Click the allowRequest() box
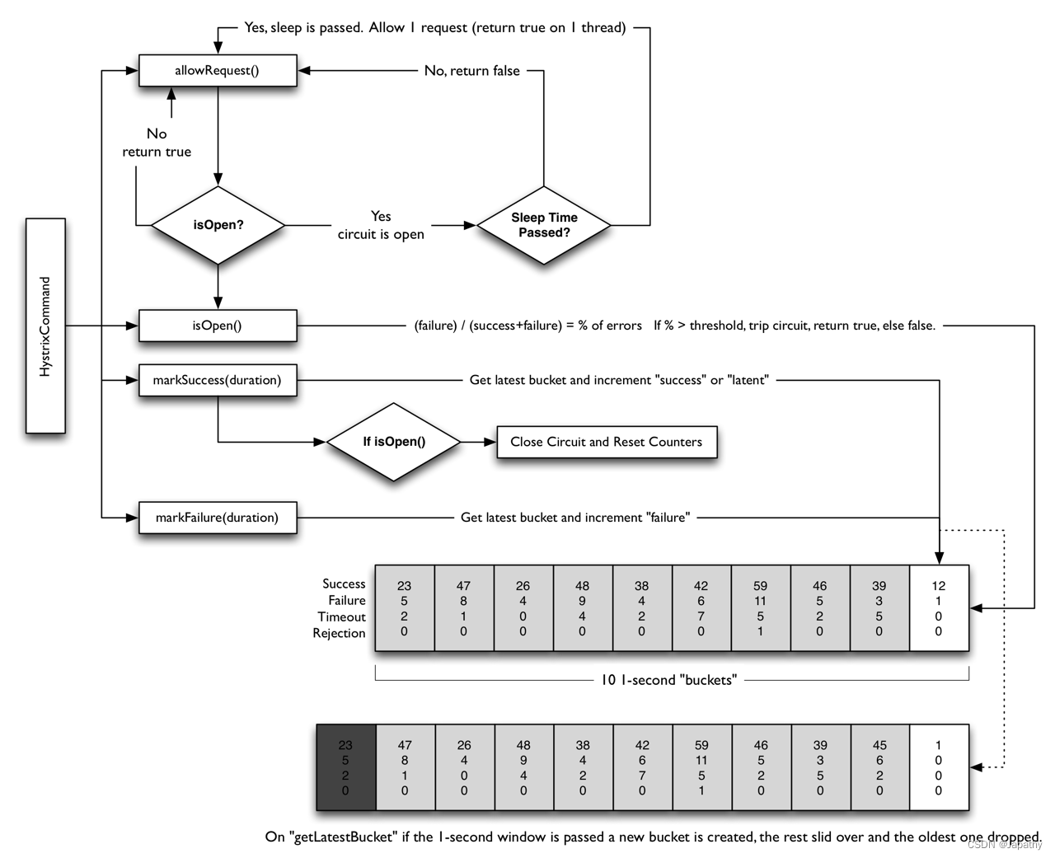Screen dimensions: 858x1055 (217, 71)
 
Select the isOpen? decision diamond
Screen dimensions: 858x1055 (218, 225)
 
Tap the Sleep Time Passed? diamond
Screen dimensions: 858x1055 (544, 225)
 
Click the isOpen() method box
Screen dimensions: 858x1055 (218, 326)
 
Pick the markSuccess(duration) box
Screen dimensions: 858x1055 (218, 380)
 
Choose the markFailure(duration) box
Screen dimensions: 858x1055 (218, 518)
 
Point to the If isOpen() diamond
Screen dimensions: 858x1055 (394, 442)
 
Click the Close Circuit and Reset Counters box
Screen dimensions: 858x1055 (607, 442)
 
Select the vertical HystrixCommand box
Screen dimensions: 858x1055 (45, 326)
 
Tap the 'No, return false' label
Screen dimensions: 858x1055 (472, 71)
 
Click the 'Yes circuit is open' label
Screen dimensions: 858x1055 (381, 225)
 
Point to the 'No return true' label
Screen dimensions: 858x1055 (157, 143)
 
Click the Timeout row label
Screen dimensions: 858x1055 (341, 617)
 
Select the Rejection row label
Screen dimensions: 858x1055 (339, 633)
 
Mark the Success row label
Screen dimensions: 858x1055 (344, 584)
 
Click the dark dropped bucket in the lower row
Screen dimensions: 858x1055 (345, 767)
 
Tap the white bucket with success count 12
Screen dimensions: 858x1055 (939, 608)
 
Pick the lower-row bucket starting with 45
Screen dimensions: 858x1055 (879, 767)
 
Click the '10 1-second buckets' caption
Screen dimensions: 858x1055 (669, 680)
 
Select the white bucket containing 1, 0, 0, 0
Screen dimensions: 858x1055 (939, 767)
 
